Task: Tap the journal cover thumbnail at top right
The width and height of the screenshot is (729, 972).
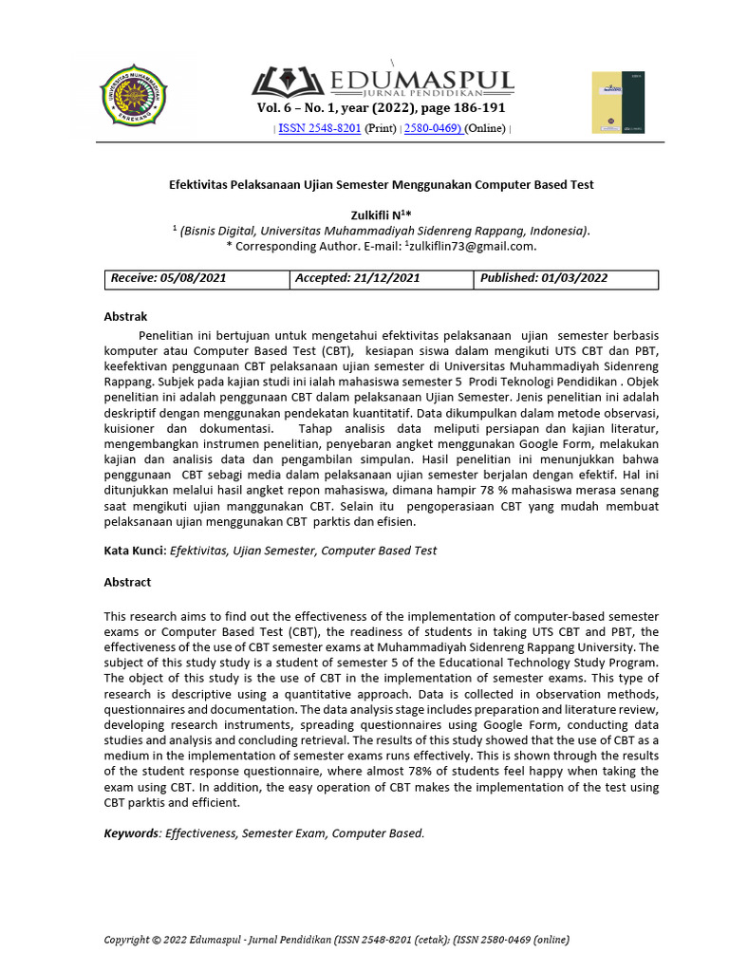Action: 617,102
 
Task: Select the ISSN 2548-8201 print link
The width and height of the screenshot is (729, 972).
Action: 319,128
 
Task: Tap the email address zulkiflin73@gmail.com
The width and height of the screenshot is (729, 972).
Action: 471,246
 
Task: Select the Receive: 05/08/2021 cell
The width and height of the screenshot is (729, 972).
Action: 169,279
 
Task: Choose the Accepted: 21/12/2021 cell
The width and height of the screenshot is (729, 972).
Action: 357,279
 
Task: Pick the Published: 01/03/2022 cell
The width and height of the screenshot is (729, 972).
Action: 544,279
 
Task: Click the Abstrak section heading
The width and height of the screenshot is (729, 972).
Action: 125,317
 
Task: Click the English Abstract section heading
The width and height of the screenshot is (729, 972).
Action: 127,583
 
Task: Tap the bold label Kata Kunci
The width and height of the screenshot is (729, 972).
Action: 134,551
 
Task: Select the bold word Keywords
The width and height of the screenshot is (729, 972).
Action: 132,833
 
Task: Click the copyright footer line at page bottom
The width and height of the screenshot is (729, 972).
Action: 336,940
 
